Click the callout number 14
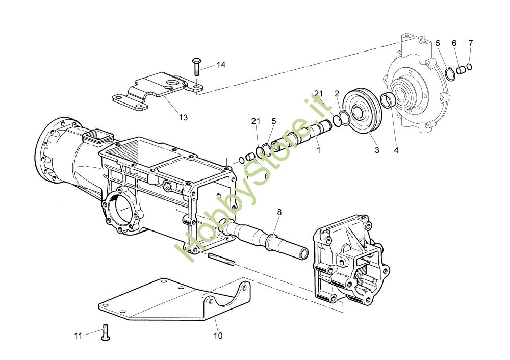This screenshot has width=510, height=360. (x=221, y=65)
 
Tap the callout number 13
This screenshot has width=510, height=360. (x=184, y=117)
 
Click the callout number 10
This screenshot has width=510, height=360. (x=218, y=336)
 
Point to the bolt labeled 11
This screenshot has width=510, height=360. (x=106, y=332)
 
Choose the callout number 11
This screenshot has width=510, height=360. (x=78, y=336)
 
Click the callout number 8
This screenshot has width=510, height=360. (x=279, y=212)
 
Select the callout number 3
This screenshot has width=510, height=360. (x=377, y=150)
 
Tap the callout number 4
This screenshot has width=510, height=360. (x=396, y=150)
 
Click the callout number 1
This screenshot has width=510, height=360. (x=319, y=150)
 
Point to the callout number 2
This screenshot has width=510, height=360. (x=337, y=94)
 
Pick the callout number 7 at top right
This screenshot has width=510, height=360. (x=471, y=43)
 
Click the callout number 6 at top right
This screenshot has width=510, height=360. (x=454, y=43)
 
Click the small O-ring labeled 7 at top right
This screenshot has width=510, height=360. (x=469, y=67)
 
